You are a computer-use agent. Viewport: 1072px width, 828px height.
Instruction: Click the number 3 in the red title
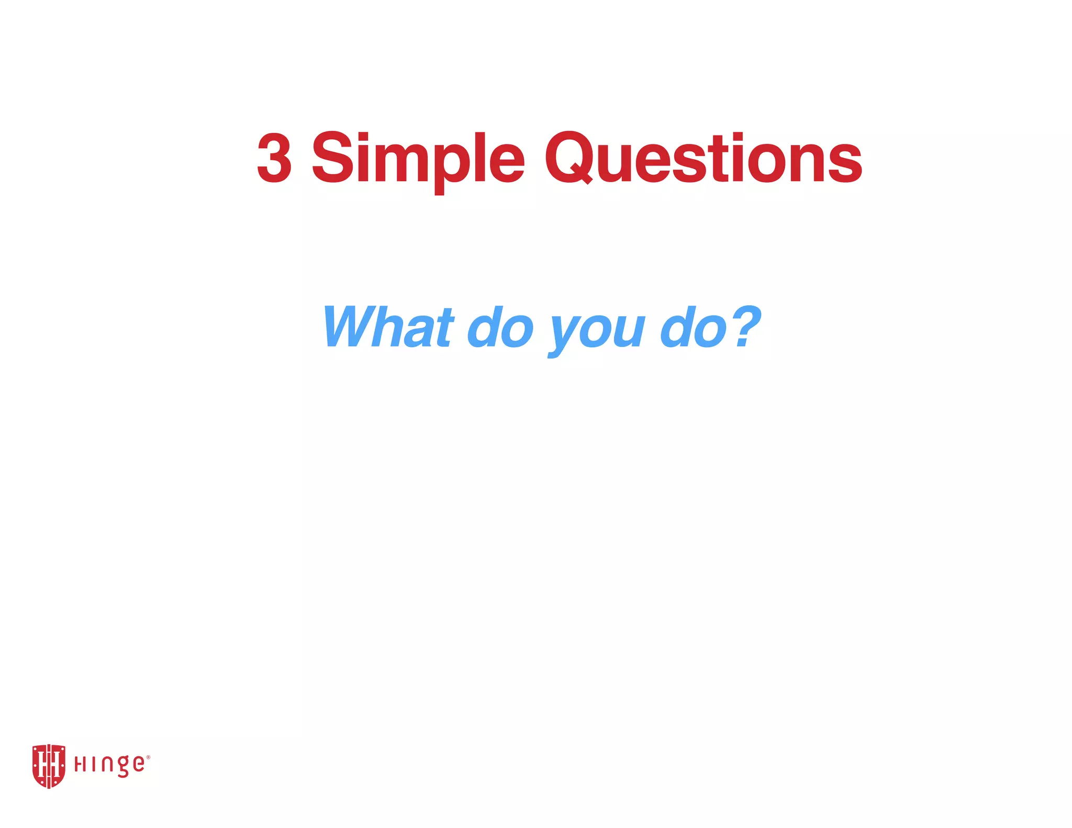[x=274, y=158]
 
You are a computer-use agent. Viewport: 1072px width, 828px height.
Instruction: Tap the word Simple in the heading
[x=418, y=158]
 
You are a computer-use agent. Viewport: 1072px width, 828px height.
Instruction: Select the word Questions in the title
[x=703, y=158]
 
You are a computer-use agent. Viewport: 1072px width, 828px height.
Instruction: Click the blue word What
[x=387, y=327]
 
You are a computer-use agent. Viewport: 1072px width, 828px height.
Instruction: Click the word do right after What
[x=500, y=327]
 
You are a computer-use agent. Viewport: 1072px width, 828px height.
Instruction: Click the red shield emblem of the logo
[x=49, y=766]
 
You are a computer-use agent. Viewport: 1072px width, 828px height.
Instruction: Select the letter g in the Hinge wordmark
[x=121, y=767]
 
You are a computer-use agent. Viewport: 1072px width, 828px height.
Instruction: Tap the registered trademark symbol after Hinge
[x=148, y=757]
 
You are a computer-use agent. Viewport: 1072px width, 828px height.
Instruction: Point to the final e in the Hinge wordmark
[x=138, y=764]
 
